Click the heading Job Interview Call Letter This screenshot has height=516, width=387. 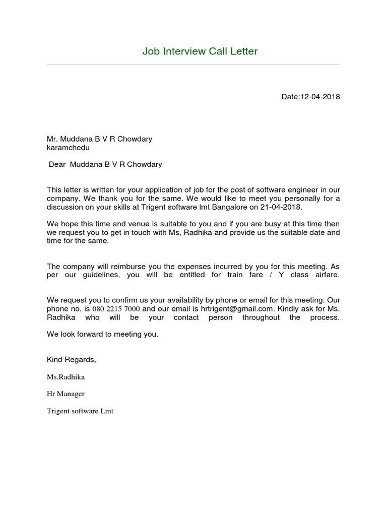click(x=200, y=51)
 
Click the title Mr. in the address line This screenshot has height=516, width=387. click(x=53, y=139)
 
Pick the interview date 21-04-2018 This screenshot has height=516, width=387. click(x=286, y=207)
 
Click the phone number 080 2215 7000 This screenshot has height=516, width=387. click(x=116, y=309)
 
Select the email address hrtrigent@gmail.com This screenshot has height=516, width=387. click(x=240, y=309)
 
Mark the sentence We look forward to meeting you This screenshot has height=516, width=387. click(x=102, y=334)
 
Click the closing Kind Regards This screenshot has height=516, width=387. click(x=71, y=360)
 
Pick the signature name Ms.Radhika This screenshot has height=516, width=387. click(x=66, y=377)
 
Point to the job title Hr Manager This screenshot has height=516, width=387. click(x=66, y=394)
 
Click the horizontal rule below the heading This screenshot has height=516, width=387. click(x=193, y=64)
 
